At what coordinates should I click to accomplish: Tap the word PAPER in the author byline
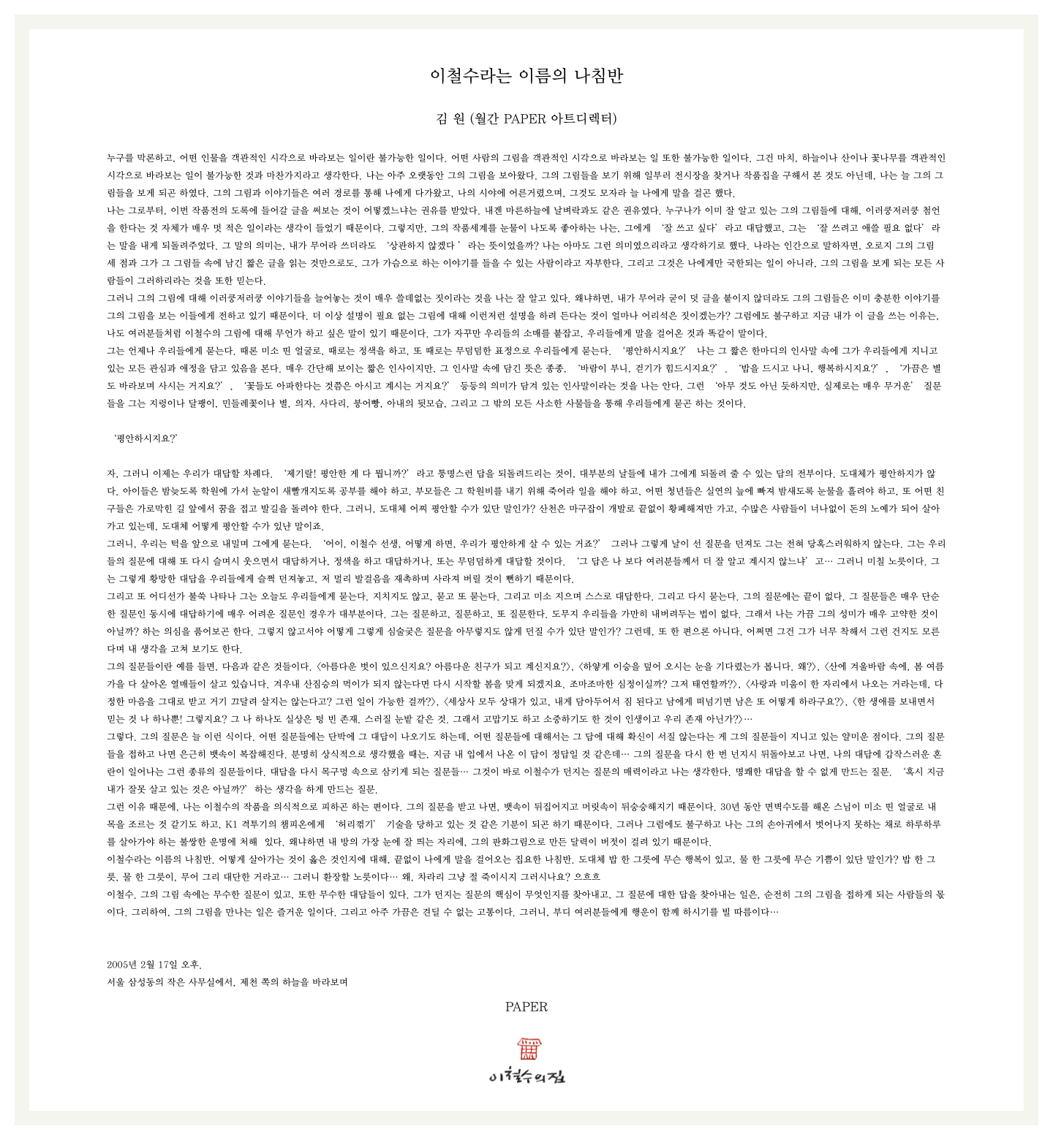(524, 119)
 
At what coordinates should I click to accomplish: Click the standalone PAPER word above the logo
(526, 1007)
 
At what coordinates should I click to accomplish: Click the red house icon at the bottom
(529, 1049)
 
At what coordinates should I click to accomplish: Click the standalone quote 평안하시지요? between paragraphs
(146, 438)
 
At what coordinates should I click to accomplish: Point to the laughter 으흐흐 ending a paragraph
(586, 877)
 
